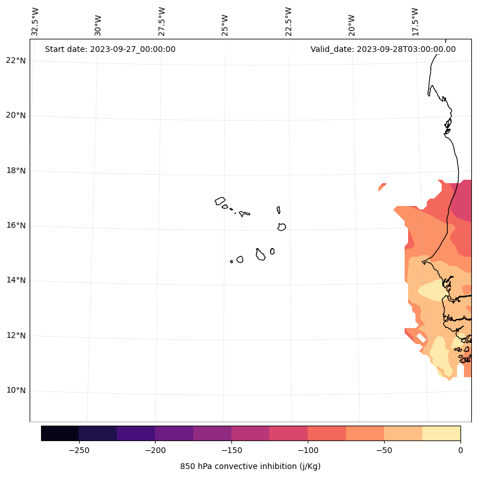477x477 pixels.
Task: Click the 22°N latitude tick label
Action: tap(15, 60)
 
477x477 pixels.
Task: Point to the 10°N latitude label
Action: tap(15, 391)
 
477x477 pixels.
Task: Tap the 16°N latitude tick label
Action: tap(15, 225)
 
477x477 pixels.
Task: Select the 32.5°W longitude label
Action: tap(35, 22)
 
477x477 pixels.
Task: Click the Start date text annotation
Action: tap(110, 49)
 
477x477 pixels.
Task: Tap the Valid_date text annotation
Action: tap(383, 49)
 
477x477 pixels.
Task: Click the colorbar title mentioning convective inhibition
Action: tap(250, 466)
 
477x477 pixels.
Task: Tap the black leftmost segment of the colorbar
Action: tap(60, 433)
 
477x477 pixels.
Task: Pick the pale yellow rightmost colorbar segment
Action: tap(441, 433)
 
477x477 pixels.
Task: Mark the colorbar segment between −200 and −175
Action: tap(174, 433)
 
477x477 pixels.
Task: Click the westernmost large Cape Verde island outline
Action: tap(220, 201)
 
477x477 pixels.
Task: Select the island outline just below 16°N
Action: tap(282, 227)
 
